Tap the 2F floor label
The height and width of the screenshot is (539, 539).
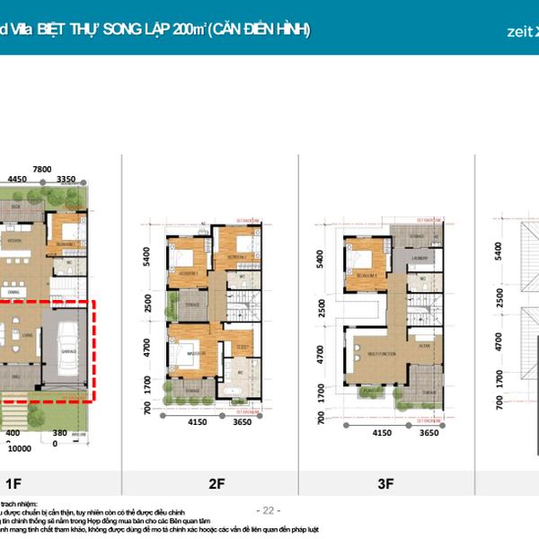(216, 484)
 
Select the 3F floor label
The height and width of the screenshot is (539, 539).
(385, 484)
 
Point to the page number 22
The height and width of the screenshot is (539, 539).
(269, 509)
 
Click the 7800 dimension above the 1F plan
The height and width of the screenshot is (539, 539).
(41, 169)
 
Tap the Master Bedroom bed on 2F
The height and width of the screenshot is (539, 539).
(187, 352)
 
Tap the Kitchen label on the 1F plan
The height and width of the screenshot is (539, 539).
(15, 241)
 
